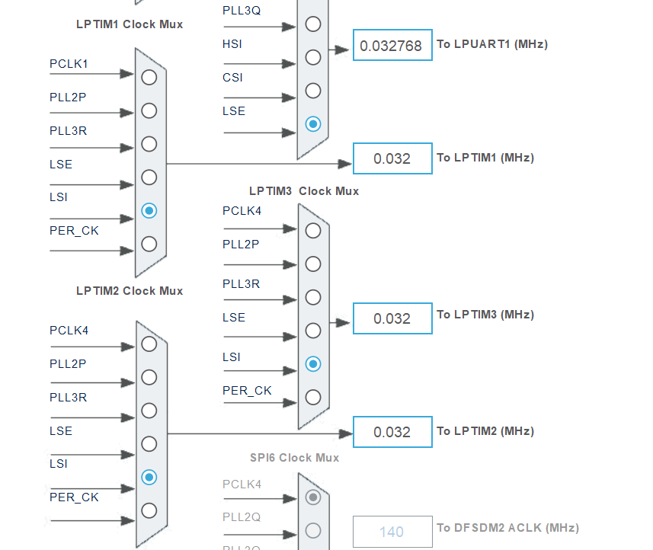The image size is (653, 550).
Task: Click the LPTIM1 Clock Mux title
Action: click(x=130, y=24)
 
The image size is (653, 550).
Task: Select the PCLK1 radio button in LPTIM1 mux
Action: click(x=149, y=77)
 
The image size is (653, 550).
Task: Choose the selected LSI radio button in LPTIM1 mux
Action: click(x=149, y=210)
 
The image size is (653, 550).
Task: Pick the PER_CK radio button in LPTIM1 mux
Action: click(x=149, y=244)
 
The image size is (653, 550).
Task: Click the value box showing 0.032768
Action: click(x=392, y=46)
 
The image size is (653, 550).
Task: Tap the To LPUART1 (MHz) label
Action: click(x=491, y=44)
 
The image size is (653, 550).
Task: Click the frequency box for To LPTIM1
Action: click(x=392, y=158)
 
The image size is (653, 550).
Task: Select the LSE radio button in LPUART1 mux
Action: click(x=313, y=123)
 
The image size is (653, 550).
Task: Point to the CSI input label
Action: click(x=232, y=78)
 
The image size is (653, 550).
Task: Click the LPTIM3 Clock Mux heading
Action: click(x=304, y=190)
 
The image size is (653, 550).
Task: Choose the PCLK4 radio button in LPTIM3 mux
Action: click(x=313, y=231)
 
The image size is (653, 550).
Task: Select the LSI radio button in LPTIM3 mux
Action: click(x=313, y=364)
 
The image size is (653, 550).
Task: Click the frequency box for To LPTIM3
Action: click(x=392, y=318)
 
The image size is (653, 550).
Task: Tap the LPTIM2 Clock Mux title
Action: click(x=130, y=290)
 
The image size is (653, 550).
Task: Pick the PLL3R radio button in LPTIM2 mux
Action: click(x=149, y=411)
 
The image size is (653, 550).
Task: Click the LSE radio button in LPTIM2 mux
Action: click(x=149, y=444)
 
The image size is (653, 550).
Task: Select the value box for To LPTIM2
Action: click(x=392, y=432)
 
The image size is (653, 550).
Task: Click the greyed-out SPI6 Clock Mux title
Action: click(x=294, y=457)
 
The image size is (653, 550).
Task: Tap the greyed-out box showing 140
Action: click(x=392, y=532)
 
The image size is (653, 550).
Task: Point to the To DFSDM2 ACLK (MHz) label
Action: click(x=507, y=528)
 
